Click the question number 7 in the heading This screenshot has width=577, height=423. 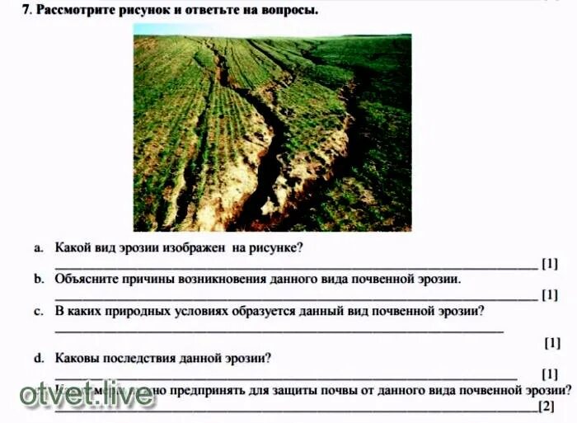[x=26, y=10]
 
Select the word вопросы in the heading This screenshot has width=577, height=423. [x=290, y=10]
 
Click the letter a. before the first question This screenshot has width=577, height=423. [x=39, y=247]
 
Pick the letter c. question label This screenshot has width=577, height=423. [x=39, y=311]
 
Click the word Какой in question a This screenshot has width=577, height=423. [x=72, y=247]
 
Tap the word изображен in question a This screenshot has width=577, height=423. [x=195, y=247]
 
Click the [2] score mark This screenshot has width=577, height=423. [x=546, y=407]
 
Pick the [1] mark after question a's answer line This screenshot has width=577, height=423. [x=550, y=264]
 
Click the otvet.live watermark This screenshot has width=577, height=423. [x=87, y=395]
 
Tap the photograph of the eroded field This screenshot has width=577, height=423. [x=272, y=132]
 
